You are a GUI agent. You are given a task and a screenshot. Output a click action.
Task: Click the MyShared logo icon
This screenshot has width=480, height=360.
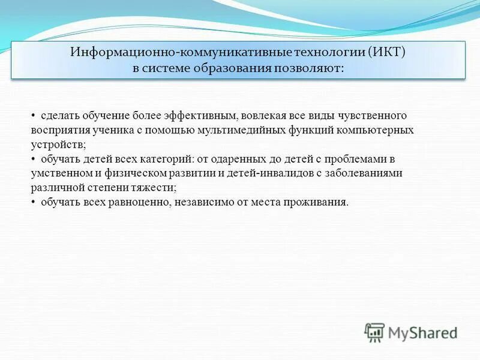[374, 332]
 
